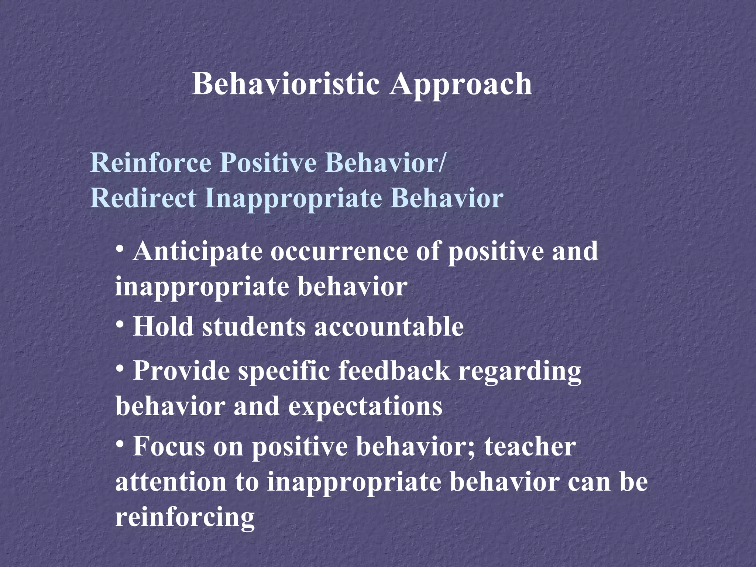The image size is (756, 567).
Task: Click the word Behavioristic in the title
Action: click(x=286, y=84)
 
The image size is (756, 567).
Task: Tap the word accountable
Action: click(x=389, y=327)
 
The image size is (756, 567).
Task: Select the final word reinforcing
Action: click(x=185, y=518)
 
